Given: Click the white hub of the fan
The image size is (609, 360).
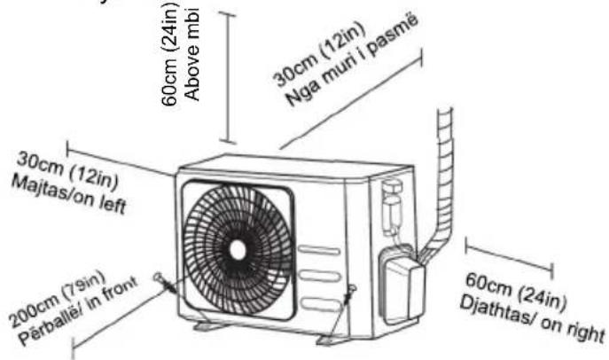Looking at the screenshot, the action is click(238, 250).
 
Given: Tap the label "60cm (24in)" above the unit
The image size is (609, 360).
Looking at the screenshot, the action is click(169, 53).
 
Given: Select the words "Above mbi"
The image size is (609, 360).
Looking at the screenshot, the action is click(192, 54).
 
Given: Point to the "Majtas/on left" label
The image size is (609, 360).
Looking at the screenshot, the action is click(69, 194).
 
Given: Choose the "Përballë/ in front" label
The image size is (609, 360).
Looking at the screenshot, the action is click(79, 310).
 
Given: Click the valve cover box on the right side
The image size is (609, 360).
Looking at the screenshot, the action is click(402, 286).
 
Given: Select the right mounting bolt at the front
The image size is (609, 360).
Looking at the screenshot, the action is click(348, 294).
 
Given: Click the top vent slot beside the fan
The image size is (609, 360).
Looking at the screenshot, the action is click(318, 251).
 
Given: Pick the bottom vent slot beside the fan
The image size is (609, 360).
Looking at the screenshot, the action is click(320, 304).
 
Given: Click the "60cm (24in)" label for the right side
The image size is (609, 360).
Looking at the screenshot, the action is click(516, 293).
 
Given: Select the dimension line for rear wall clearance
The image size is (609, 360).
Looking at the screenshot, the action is click(351, 98).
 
